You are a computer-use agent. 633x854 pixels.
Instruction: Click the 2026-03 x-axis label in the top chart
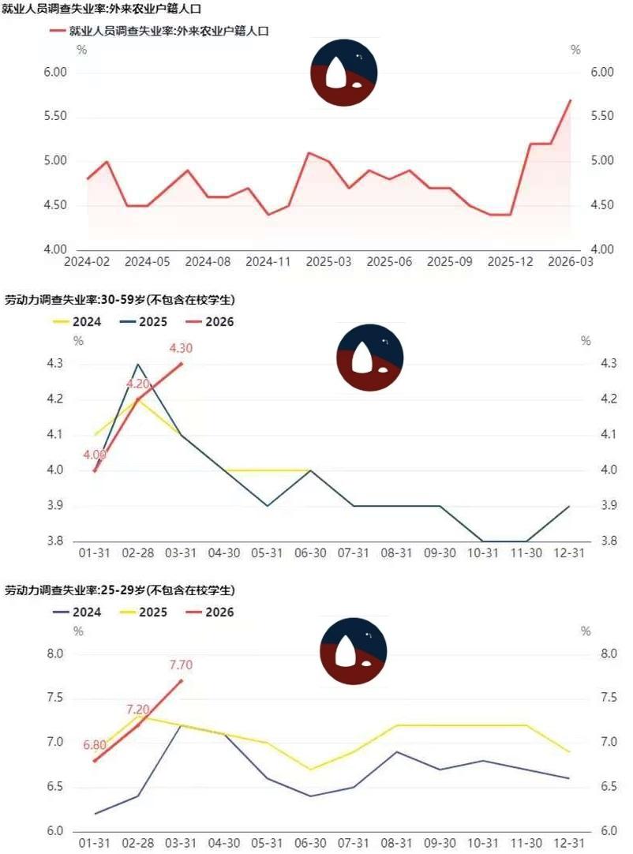point(570,261)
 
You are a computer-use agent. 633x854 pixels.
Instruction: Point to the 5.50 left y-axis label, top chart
point(54,117)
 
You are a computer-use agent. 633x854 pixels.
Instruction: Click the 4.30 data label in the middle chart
point(181,348)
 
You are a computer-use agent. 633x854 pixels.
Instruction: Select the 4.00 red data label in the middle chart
point(95,455)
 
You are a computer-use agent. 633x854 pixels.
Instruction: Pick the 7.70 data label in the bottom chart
point(181,665)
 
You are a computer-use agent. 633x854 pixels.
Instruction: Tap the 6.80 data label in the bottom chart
point(95,745)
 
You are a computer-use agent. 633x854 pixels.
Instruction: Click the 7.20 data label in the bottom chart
point(138,710)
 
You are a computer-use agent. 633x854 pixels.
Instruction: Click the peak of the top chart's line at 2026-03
point(570,100)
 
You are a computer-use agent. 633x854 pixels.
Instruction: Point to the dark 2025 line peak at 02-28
point(138,364)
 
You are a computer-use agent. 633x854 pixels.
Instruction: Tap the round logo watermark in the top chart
point(343,72)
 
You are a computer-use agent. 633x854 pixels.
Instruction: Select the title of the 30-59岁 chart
point(120,300)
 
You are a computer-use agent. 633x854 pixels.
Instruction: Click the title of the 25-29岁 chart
point(120,590)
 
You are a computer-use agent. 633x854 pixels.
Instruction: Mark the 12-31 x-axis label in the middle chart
point(569,553)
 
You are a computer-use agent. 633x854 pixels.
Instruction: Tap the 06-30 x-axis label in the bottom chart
point(310,844)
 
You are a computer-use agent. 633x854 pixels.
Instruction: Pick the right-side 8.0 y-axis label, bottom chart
point(585,654)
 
